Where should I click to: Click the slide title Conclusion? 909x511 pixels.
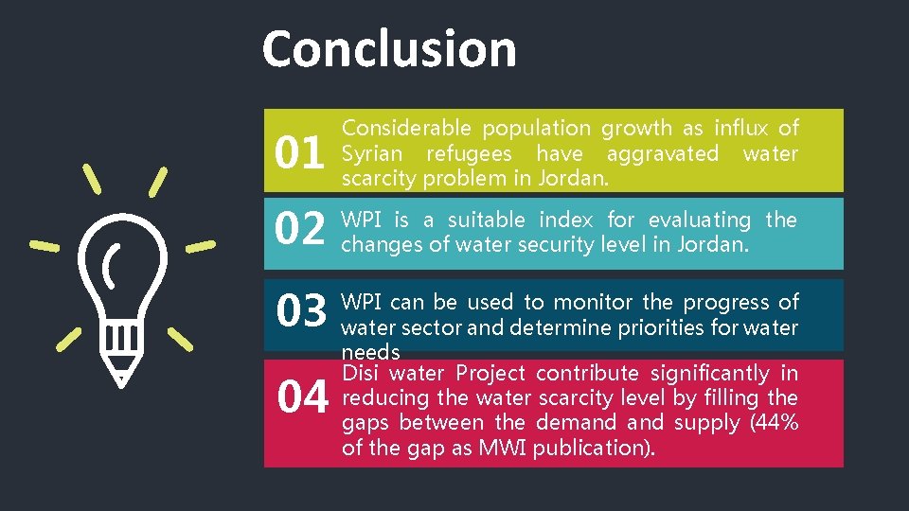click(389, 49)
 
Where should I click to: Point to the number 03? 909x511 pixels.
click(301, 309)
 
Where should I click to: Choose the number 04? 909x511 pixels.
click(302, 398)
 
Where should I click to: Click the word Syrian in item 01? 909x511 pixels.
click(371, 153)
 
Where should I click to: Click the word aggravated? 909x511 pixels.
click(663, 153)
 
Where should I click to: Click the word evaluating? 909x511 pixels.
click(699, 220)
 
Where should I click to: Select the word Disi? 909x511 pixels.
click(361, 373)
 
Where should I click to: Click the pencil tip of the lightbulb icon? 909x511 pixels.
click(119, 376)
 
